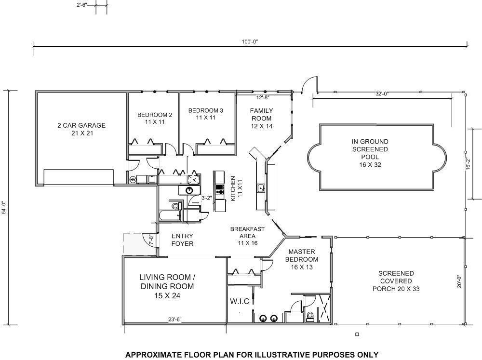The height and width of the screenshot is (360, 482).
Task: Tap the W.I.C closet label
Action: [240, 301]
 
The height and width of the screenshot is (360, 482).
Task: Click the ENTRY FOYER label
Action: [182, 240]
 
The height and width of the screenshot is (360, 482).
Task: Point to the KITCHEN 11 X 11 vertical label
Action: [236, 188]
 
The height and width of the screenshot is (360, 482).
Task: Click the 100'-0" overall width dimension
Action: [250, 41]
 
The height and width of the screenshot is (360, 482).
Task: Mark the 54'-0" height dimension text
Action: [4, 208]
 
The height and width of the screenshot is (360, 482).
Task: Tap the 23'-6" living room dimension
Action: [175, 320]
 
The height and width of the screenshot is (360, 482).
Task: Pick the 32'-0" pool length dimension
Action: [382, 94]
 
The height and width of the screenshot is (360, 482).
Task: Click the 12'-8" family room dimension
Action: [263, 98]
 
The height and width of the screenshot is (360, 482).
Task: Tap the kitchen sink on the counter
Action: [261, 188]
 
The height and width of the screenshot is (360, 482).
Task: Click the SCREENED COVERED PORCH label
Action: [396, 281]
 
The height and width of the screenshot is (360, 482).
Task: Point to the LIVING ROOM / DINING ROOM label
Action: [167, 286]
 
